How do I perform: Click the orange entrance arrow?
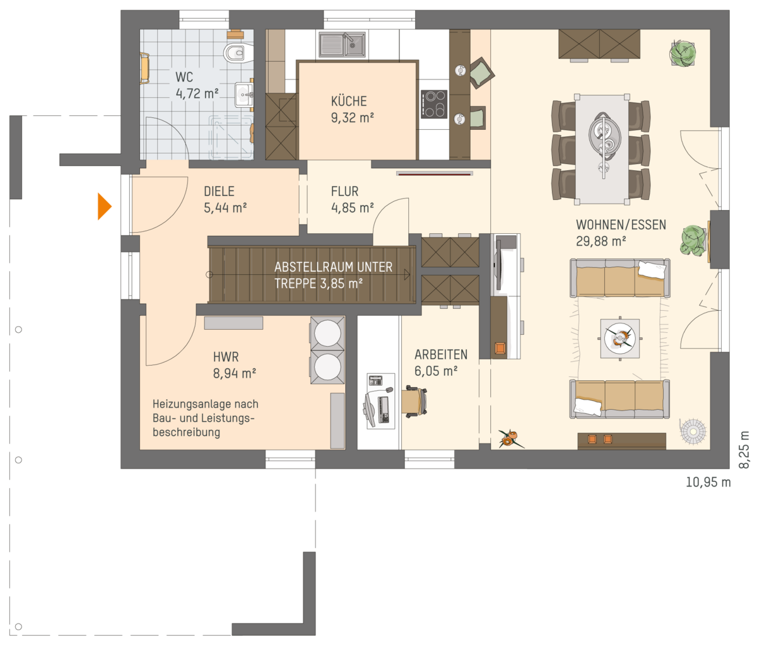[x=104, y=206]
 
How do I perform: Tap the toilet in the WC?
[x=237, y=52]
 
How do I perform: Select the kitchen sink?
[x=342, y=45]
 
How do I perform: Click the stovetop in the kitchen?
[x=434, y=104]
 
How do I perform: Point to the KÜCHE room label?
[x=349, y=101]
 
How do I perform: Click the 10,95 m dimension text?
[x=708, y=482]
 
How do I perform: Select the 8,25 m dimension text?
[x=744, y=450]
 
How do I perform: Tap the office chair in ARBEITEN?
[x=414, y=401]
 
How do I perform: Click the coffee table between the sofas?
[x=620, y=339]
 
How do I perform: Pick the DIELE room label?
[x=219, y=191]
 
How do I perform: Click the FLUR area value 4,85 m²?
[x=352, y=207]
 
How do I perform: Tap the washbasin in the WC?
[x=244, y=95]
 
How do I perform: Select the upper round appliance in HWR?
[x=327, y=333]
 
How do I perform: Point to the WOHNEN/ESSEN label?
[x=621, y=224]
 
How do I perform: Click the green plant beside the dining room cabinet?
[x=683, y=54]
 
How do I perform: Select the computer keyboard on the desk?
[x=385, y=410]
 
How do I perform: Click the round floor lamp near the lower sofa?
[x=693, y=432]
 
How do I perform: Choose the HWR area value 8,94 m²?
[x=235, y=373]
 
